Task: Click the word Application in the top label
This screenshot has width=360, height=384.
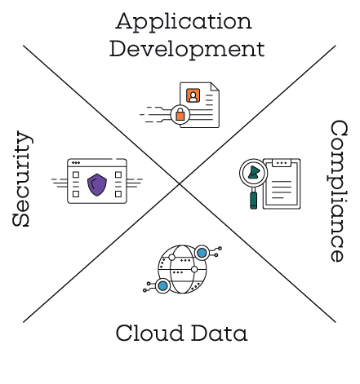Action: [184, 22]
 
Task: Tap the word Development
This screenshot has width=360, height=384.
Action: [187, 50]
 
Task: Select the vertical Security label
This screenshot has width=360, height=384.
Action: [22, 179]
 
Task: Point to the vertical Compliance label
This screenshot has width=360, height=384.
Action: [339, 191]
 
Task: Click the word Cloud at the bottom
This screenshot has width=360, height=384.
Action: [149, 333]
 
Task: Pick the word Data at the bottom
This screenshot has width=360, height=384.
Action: [220, 333]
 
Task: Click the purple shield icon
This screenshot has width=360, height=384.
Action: [97, 185]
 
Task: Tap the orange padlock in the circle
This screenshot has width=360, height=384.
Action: [180, 114]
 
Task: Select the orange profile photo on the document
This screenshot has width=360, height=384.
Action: [193, 95]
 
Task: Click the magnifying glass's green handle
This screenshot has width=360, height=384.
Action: [253, 201]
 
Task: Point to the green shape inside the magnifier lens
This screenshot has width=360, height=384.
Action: [254, 172]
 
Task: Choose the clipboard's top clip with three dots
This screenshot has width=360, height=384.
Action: [282, 163]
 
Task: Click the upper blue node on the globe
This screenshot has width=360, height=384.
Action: [202, 253]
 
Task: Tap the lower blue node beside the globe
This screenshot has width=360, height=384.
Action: [162, 286]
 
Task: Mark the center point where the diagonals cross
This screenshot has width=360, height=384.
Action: [180, 184]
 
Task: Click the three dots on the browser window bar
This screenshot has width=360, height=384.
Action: [76, 163]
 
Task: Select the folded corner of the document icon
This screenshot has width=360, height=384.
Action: [215, 87]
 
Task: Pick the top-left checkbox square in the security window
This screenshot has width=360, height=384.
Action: [76, 174]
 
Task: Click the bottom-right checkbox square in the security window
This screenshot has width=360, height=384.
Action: [118, 194]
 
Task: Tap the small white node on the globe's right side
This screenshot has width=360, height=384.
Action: [194, 269]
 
